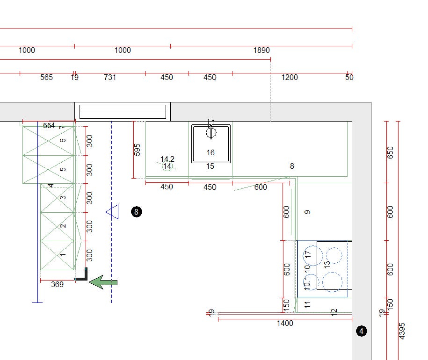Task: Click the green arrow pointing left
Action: coord(103,282)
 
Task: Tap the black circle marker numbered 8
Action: coord(137,212)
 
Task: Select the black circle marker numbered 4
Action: coord(362,331)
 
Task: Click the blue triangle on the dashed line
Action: coord(112,212)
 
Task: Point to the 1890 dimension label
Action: coord(261,50)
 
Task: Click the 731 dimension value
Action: coord(110,78)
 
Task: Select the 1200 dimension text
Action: coord(290,78)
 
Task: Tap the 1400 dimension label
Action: coord(285,323)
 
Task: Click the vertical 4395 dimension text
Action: coord(402,331)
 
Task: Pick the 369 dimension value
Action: coord(57,284)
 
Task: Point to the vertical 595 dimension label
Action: coord(138,150)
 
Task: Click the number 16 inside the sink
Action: coord(210,152)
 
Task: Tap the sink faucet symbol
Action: coord(210,129)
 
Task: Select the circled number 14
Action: coord(167,166)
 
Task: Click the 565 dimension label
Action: coord(46,78)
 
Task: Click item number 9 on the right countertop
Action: coord(307,212)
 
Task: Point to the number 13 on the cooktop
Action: coord(327,264)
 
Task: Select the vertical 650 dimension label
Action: coord(390,152)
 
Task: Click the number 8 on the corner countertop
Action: coord(292,166)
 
